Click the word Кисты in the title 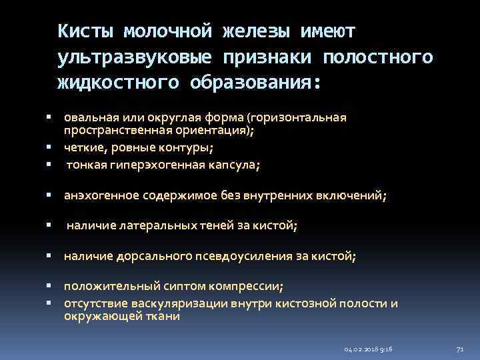[x=85, y=30]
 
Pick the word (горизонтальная [x=299, y=117]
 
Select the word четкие [x=83, y=147]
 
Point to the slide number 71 [x=459, y=349]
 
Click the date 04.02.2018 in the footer [x=361, y=349]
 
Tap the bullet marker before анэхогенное [x=51, y=195]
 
